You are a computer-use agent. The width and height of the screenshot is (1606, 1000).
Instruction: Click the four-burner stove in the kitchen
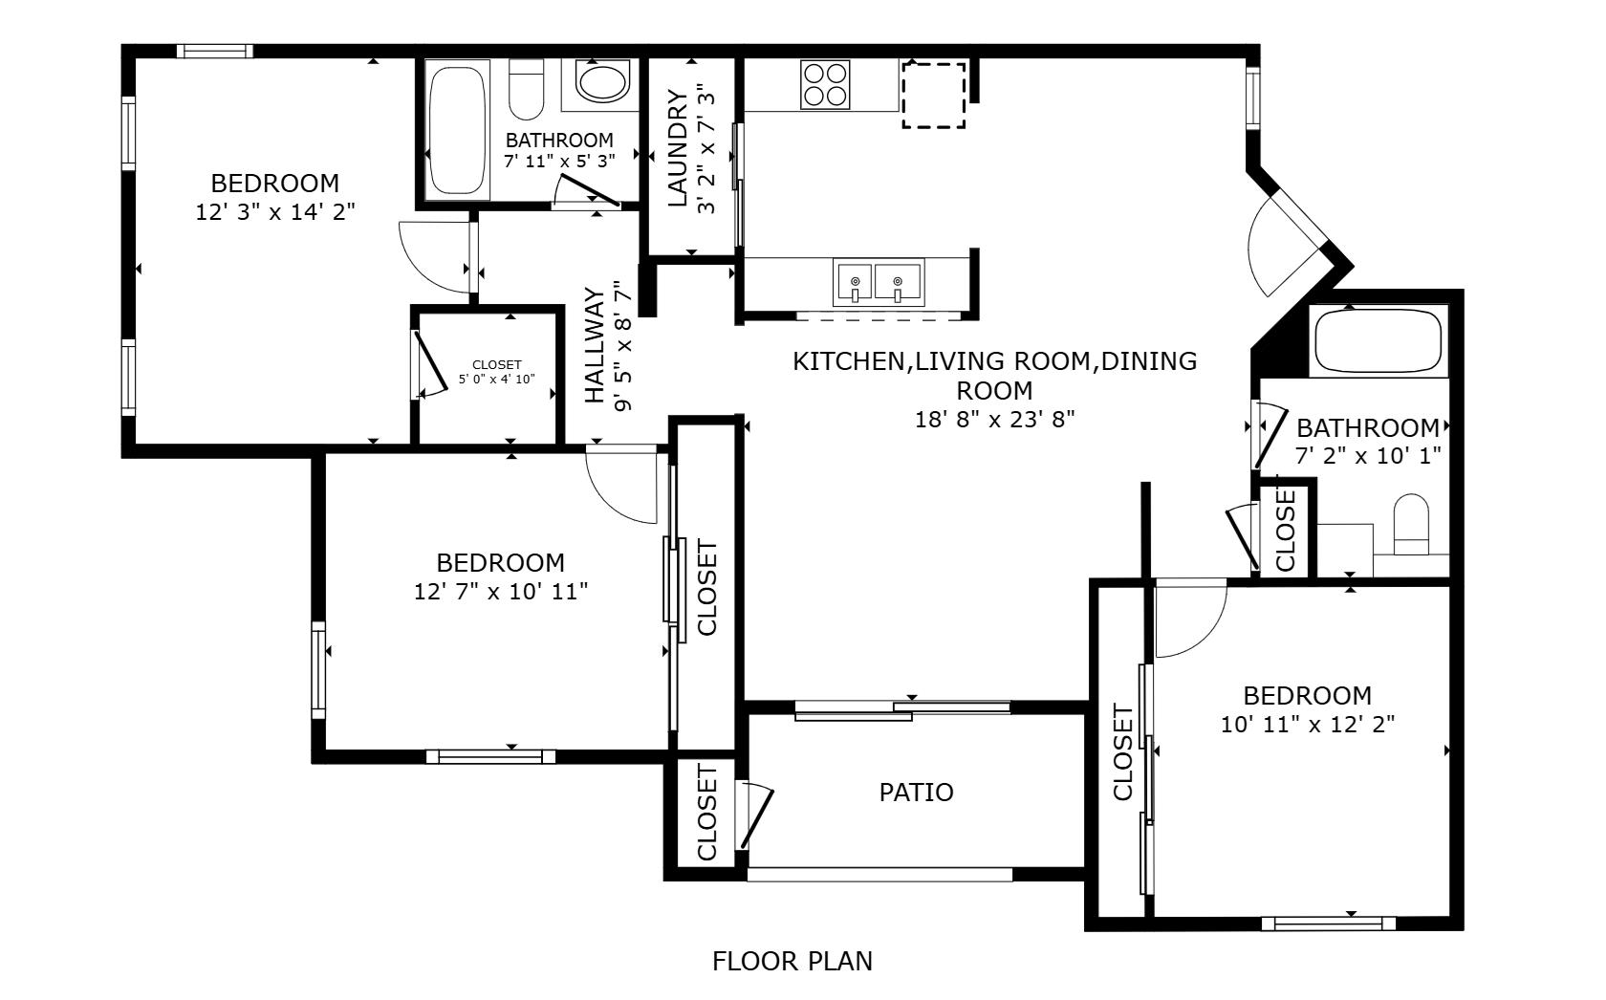tap(826, 84)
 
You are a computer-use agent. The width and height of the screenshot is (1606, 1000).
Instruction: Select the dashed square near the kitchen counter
tap(934, 96)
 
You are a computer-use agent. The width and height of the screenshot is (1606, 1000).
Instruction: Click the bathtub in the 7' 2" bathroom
tap(1377, 341)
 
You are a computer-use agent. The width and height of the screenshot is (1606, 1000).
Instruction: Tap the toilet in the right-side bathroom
tap(1411, 526)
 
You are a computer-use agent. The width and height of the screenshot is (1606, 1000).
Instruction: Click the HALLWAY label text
tap(595, 346)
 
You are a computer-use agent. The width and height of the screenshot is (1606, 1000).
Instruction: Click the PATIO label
tap(916, 793)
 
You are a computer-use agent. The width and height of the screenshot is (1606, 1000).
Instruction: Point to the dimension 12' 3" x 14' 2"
tap(275, 212)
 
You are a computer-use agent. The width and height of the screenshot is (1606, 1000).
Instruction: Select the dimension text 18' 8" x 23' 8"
tap(995, 420)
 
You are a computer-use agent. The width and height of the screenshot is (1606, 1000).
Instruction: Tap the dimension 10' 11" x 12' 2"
tap(1308, 725)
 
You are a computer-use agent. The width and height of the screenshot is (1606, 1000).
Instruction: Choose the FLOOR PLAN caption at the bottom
tap(792, 961)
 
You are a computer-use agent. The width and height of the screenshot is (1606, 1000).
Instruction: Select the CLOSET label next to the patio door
tap(707, 812)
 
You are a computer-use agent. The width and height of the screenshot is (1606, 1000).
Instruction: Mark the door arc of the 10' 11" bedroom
tap(1190, 621)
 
